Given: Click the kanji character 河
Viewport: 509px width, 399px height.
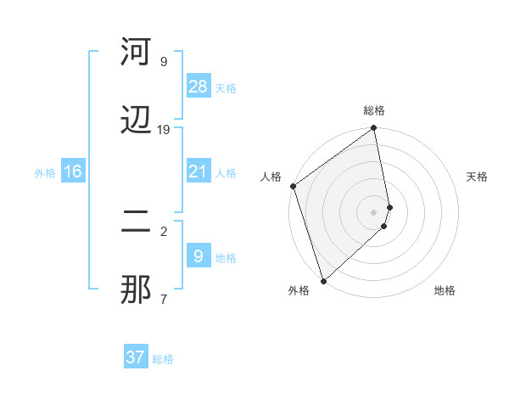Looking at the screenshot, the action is coord(137,53).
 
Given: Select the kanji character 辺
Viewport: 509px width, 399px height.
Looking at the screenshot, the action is coord(137,121).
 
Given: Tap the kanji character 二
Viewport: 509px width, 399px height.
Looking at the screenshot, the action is coord(137,222).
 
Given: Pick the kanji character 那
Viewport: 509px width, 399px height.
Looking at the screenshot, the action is coord(137,289).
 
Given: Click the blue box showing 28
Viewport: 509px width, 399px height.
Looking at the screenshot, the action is coord(198,87).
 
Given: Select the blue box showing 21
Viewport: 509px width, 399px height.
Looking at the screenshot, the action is coord(198,171).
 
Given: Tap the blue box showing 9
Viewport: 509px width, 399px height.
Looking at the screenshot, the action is coord(198,256).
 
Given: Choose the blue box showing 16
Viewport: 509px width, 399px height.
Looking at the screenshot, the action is coord(73,171).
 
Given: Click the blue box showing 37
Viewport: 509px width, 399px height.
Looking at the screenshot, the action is coord(136,357).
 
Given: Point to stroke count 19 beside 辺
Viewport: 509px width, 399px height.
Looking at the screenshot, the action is coord(164,129).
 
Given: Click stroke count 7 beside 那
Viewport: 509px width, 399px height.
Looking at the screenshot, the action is coord(163,299).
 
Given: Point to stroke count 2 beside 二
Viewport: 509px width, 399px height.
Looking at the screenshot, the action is coord(163,230).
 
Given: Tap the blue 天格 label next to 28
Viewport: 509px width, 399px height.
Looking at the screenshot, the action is coord(226,88).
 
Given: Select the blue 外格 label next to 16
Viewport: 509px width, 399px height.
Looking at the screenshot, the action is coord(45,173).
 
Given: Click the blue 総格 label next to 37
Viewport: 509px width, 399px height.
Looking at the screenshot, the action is coord(163,359).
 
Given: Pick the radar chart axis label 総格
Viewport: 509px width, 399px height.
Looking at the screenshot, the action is coord(374,110).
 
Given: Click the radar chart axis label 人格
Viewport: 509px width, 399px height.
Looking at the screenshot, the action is coord(271,177).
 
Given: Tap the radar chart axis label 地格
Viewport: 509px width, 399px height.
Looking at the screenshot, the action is coord(445,291).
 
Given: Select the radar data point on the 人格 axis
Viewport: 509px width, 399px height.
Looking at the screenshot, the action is coord(293,186).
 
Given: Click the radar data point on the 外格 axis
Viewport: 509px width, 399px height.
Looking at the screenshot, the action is coord(323,281).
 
